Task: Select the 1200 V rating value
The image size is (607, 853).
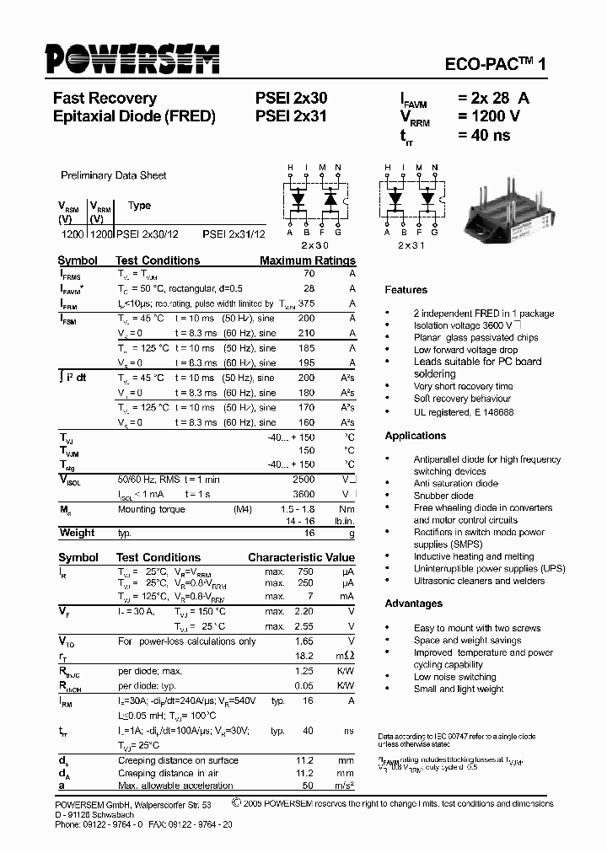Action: click(489, 116)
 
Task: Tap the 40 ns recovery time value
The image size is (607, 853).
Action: click(484, 135)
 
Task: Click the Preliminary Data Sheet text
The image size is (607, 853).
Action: click(113, 175)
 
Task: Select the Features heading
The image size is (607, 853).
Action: click(406, 290)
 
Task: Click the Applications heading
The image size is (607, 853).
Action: click(416, 436)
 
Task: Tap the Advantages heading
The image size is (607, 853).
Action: click(414, 604)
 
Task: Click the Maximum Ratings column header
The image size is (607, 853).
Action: click(308, 260)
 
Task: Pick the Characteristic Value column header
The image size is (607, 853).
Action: click(301, 558)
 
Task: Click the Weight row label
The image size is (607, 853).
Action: click(77, 533)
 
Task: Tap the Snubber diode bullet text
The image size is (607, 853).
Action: click(443, 496)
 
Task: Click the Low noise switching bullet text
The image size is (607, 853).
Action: click(454, 677)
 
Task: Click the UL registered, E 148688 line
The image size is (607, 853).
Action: click(463, 412)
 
